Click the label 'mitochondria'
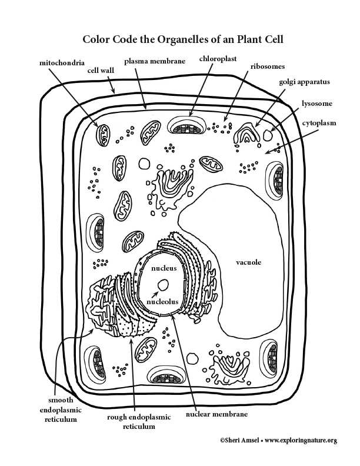[x=62, y=63]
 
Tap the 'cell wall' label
[x=101, y=71]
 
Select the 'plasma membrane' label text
[x=155, y=61]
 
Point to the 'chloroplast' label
[x=218, y=59]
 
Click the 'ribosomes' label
[x=268, y=66]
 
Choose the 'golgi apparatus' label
[x=304, y=82]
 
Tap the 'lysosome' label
[x=317, y=104]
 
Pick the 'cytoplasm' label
[x=319, y=123]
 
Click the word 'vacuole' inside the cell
[x=249, y=262]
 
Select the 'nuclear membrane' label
[x=216, y=414]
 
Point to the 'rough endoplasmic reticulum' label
[x=139, y=422]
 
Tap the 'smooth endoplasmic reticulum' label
[x=61, y=410]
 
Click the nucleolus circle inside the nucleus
[x=163, y=285]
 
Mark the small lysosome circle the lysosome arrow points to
[x=268, y=135]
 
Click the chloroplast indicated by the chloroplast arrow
[x=187, y=125]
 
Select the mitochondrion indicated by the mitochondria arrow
[x=103, y=135]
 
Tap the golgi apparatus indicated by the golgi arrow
[x=246, y=135]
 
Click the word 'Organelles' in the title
[x=183, y=39]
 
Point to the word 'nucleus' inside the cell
[x=164, y=268]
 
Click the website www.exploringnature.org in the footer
[x=301, y=441]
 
